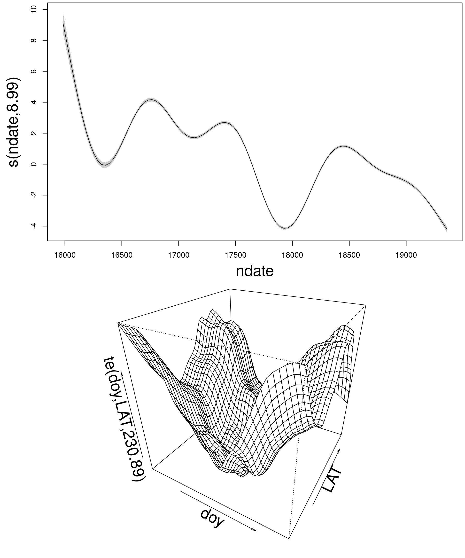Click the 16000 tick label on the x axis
[65, 255]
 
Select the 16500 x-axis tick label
[122, 255]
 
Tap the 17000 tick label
[178, 255]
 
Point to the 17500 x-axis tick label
[235, 255]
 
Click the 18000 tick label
[292, 255]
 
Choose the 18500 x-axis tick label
[349, 255]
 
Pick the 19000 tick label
[406, 255]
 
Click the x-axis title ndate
[255, 271]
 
